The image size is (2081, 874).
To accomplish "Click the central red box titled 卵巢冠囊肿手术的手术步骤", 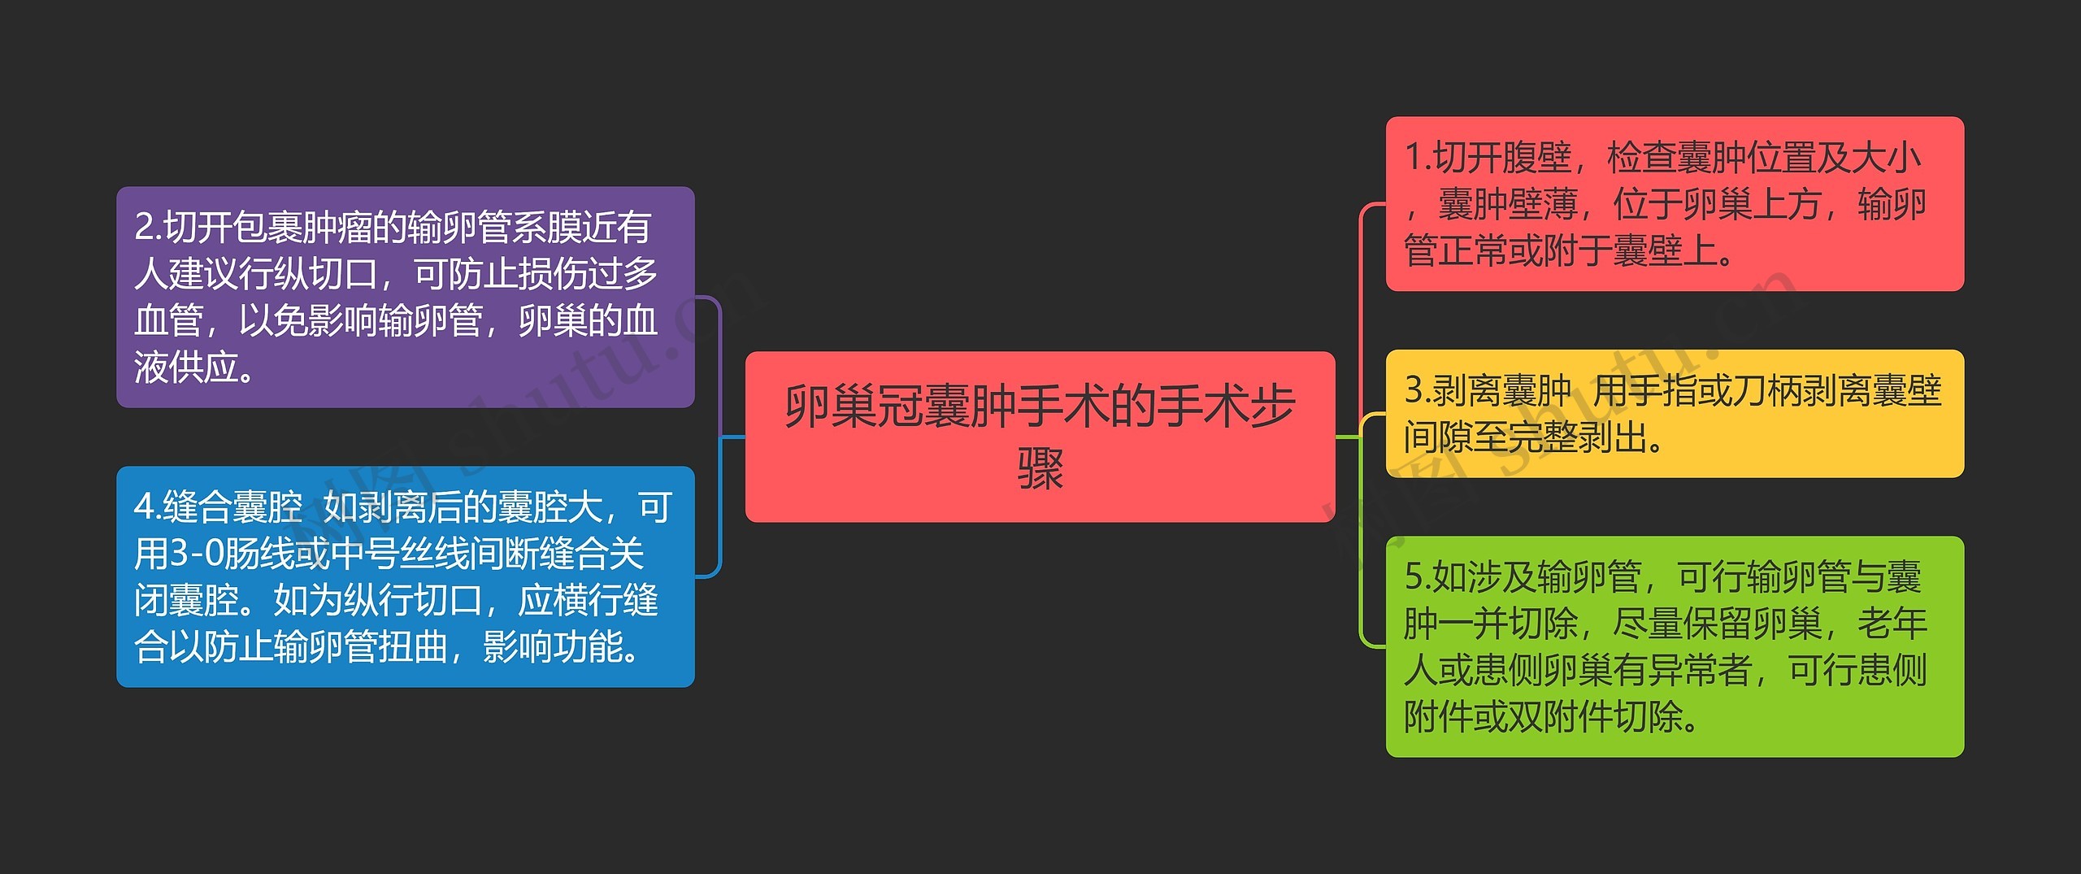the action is pos(1040,436).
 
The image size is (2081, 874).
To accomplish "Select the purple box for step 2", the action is pos(405,297).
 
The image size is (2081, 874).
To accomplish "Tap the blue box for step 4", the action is pos(405,576).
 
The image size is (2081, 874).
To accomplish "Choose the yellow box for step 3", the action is pos(1675,413).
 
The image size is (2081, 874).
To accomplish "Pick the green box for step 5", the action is pos(1675,646).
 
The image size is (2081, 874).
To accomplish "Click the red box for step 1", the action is pos(1675,203).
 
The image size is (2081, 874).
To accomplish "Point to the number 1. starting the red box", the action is pos(1418,157).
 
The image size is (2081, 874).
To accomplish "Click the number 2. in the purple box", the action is pos(148,227).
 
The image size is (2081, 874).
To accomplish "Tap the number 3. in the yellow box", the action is pos(1418,390).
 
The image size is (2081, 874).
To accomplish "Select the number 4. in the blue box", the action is pos(147,507).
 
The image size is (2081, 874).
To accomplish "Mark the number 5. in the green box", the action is pos(1418,576).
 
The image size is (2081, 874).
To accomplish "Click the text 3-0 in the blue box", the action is pos(195,554).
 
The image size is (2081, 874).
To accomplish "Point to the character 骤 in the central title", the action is pos(1040,468).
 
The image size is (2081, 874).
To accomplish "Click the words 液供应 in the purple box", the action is pos(187,367).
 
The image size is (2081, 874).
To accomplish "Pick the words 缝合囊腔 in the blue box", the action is pos(232,507).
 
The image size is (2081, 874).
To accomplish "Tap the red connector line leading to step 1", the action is pos(1360,309).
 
